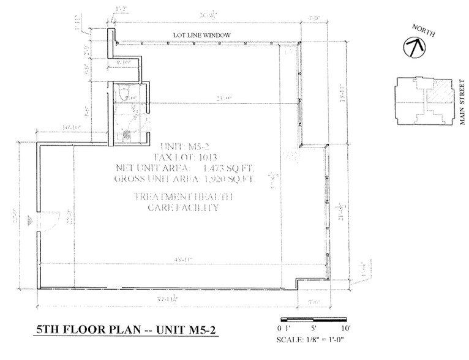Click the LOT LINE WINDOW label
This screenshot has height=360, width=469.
201,36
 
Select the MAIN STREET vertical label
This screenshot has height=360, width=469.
463,102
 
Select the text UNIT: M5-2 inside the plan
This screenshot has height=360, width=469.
184,146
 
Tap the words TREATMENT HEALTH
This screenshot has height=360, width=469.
183,197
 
